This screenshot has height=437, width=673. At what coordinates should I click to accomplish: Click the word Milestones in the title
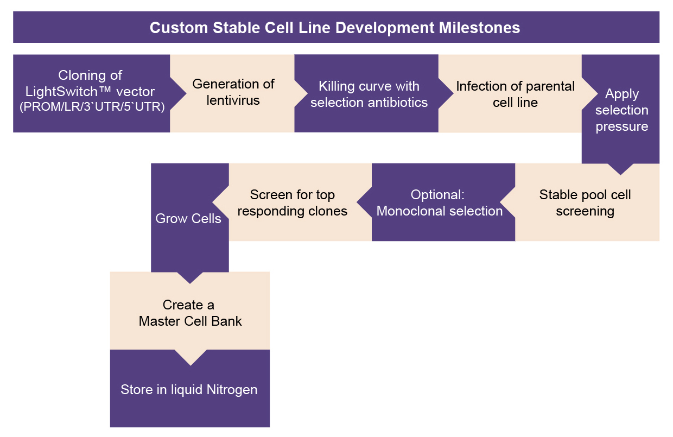[479, 28]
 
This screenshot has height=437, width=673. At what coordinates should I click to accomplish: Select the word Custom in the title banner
[179, 28]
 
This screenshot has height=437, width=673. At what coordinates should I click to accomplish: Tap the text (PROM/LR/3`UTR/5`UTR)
[92, 107]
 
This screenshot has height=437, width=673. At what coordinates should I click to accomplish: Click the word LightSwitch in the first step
[61, 91]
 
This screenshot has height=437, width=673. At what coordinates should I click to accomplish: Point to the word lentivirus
[233, 100]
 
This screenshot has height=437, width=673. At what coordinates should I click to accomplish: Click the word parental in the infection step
[550, 86]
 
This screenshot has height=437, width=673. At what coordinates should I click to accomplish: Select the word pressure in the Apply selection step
[621, 126]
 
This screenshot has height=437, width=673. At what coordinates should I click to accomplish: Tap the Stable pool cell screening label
[585, 202]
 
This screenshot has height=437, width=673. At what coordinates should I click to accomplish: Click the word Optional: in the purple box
[437, 195]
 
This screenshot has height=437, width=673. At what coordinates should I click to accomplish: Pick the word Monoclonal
[408, 211]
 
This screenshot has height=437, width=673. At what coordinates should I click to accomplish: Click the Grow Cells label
[188, 218]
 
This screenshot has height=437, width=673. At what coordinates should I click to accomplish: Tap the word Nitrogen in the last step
[232, 390]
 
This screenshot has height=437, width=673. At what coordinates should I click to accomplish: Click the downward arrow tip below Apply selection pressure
[620, 175]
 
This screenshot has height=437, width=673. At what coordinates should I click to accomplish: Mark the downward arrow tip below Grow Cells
[189, 283]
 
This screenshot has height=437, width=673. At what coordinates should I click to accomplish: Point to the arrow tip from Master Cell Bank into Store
[191, 365]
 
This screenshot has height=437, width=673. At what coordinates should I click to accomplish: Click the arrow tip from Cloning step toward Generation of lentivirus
[186, 93]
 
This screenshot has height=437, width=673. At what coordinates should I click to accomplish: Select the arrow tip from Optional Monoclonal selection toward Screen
[357, 202]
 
